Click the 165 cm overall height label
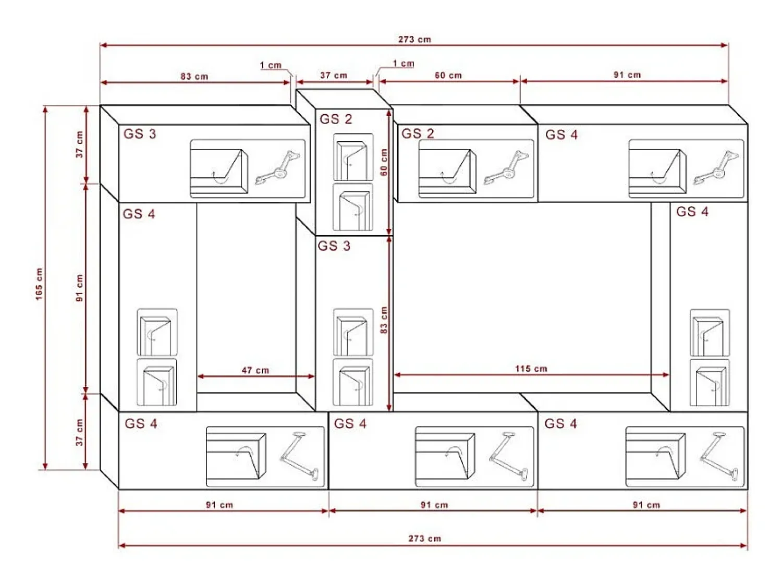(x=39, y=284)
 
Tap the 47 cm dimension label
(x=255, y=371)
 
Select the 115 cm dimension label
(x=531, y=369)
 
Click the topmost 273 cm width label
(x=414, y=40)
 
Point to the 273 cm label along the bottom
(x=425, y=539)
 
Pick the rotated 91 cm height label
(x=79, y=288)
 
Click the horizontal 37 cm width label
(x=334, y=76)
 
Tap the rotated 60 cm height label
(x=384, y=162)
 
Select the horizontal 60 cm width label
(x=448, y=76)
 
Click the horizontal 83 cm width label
(x=194, y=77)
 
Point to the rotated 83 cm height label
(x=384, y=320)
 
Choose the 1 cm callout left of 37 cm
(x=271, y=66)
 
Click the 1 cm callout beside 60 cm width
(x=404, y=64)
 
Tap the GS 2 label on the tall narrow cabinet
(x=336, y=119)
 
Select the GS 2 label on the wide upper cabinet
(x=418, y=133)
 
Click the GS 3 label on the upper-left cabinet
(x=140, y=134)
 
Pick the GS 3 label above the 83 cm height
(x=334, y=246)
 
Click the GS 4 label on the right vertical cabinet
(x=692, y=212)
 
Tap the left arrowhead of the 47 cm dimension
(x=200, y=376)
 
